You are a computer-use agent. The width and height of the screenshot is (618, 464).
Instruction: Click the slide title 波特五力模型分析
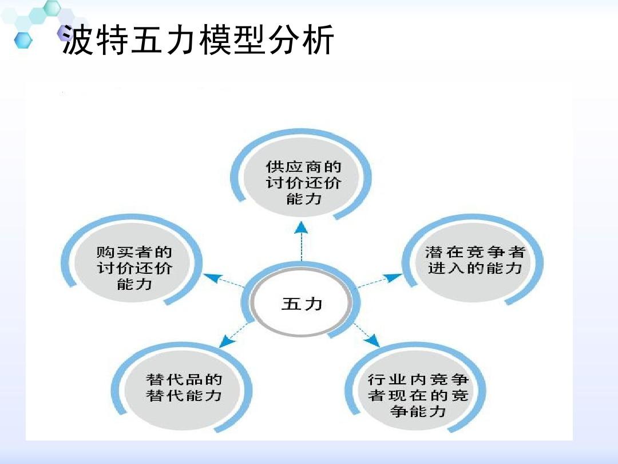(197, 41)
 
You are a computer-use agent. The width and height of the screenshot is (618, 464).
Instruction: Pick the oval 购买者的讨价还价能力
(134, 267)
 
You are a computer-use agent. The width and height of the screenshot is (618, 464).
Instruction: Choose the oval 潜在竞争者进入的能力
(474, 260)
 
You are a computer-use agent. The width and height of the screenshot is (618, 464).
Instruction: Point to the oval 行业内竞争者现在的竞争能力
(418, 395)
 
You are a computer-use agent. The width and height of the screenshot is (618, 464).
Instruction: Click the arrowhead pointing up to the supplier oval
(302, 227)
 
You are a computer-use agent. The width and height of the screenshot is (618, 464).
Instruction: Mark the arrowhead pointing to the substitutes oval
(227, 342)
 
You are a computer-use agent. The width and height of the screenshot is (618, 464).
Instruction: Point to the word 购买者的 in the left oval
(134, 251)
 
